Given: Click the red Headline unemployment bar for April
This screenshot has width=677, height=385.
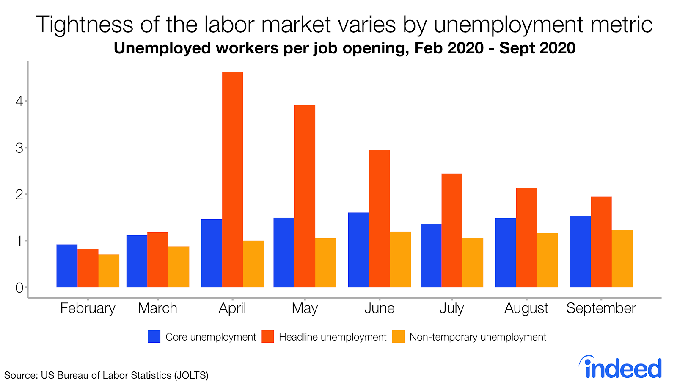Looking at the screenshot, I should [232, 180].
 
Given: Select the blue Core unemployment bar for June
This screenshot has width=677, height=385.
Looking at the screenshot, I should [358, 250].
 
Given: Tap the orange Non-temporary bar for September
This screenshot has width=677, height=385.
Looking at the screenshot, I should [622, 258].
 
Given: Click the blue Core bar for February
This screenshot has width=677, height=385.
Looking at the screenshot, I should [67, 266].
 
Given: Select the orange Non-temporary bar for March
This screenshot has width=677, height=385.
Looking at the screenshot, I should [179, 267].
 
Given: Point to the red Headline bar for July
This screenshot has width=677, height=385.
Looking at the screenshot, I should [451, 230].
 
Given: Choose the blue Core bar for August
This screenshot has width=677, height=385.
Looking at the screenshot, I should [506, 252].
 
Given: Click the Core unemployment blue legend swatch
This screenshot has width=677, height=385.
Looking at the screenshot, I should [154, 337].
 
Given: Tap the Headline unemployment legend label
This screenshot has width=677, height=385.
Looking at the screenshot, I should [333, 337].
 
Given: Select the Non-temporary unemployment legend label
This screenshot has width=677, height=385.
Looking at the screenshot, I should [478, 337].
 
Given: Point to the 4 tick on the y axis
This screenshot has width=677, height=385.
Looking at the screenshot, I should [19, 101].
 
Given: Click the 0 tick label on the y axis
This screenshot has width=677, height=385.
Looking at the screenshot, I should [19, 288].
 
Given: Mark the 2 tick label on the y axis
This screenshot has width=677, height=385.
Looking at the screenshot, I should [19, 194].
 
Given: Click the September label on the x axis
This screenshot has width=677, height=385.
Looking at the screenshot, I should [601, 308].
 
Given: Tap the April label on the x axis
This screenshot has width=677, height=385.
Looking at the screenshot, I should [232, 308].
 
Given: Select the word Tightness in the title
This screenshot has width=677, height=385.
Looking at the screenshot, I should [85, 24].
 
